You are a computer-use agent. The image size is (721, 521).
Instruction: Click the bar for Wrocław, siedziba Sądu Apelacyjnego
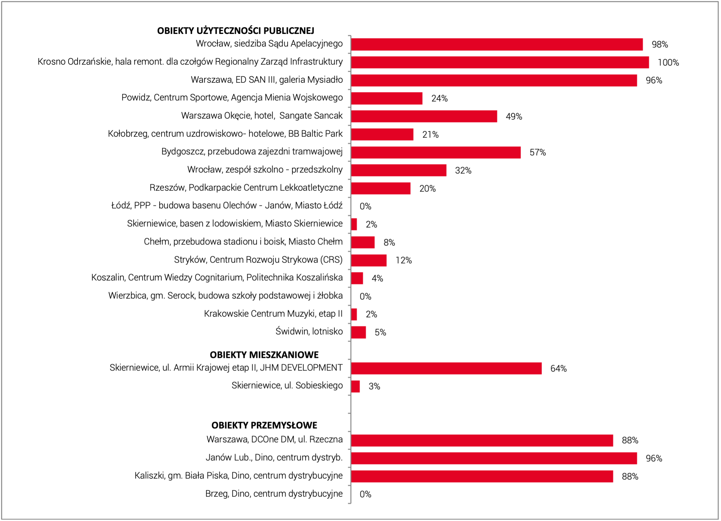(x=497, y=44)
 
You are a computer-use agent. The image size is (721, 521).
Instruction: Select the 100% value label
(x=668, y=62)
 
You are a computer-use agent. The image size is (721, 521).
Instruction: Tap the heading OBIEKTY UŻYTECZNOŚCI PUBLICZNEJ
(x=236, y=31)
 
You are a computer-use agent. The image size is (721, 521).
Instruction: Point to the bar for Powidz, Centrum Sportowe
(x=387, y=98)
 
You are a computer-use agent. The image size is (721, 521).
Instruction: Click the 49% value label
(x=514, y=116)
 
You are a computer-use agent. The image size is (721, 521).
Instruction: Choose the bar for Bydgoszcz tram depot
(x=436, y=152)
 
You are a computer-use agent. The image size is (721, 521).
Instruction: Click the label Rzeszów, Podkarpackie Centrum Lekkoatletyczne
(x=246, y=188)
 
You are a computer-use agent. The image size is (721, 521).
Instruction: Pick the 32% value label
(x=463, y=170)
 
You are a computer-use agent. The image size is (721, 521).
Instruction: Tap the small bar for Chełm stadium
(x=363, y=242)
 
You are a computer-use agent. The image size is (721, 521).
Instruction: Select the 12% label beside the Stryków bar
(x=404, y=260)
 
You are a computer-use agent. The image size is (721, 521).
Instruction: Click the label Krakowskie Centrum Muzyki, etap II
(x=273, y=314)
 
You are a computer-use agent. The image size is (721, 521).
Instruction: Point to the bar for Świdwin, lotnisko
(x=359, y=332)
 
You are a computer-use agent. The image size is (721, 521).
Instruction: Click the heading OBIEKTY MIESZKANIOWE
(x=264, y=355)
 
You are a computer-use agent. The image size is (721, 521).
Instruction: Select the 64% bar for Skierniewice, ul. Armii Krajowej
(x=446, y=368)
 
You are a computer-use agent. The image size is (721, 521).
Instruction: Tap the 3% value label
(x=374, y=386)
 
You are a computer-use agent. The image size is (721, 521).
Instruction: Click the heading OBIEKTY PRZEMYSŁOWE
(x=264, y=425)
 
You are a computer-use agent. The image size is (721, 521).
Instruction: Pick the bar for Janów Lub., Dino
(x=494, y=458)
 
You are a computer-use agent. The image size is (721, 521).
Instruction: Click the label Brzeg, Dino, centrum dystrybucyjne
(x=274, y=494)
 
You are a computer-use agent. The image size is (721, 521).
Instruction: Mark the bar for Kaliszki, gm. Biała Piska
(x=482, y=476)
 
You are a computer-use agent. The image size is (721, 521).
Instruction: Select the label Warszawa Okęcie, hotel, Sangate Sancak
(x=262, y=116)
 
